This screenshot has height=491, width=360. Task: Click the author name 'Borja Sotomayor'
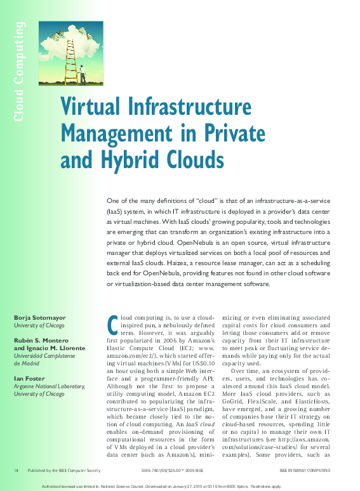pos(39,317)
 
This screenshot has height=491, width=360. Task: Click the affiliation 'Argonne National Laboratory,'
pos(48,386)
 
